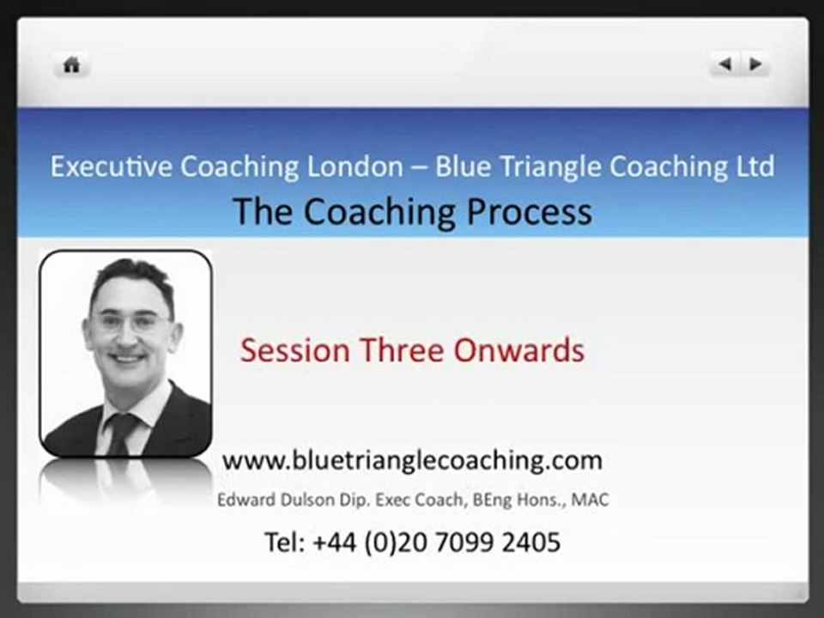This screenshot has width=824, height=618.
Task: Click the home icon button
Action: (x=72, y=65)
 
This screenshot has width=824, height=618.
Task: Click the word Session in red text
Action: (x=294, y=350)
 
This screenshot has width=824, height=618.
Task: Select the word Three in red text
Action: (x=399, y=350)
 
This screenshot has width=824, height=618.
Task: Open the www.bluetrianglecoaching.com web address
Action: (x=412, y=460)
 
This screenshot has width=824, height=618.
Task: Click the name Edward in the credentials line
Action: (x=242, y=500)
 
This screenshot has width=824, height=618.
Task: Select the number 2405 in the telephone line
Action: (x=530, y=542)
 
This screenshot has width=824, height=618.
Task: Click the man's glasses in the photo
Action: (x=130, y=323)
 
